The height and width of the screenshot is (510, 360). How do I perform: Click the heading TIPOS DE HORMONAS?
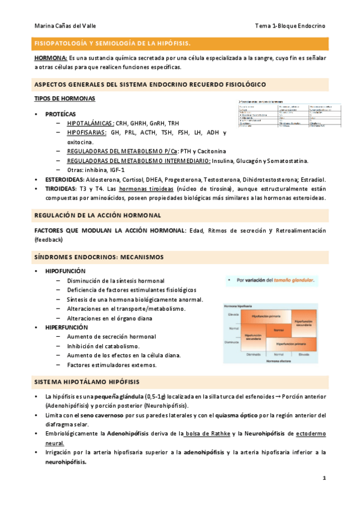point(64,98)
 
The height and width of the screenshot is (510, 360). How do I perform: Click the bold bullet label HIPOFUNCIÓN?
point(65,271)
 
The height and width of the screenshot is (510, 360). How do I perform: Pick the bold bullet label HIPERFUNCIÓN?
point(66,327)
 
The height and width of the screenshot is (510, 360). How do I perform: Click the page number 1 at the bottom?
point(324,478)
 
